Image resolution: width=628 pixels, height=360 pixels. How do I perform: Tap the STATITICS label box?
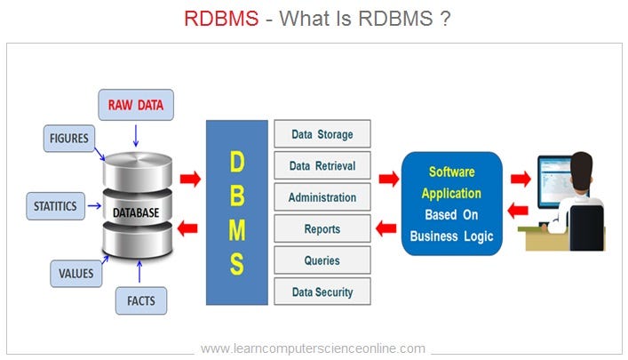tap(53, 207)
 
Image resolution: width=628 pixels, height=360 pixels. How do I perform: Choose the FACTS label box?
tap(141, 301)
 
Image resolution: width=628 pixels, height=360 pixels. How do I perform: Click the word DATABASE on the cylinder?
tap(135, 213)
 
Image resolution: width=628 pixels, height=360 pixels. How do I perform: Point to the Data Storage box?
tap(322, 135)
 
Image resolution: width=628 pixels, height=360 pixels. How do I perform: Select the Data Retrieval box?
tap(322, 166)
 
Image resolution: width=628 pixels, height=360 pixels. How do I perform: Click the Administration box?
tap(322, 197)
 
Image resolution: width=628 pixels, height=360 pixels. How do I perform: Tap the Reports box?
tap(322, 229)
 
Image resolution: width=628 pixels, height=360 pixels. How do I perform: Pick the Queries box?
tap(322, 260)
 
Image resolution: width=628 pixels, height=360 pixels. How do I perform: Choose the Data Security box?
tap(322, 292)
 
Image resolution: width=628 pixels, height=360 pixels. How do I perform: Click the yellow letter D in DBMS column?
tap(236, 163)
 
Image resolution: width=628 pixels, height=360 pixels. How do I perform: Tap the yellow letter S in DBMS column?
tap(236, 264)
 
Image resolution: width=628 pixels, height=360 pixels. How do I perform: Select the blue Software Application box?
tap(452, 204)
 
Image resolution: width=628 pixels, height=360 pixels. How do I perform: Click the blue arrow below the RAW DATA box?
tap(135, 135)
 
